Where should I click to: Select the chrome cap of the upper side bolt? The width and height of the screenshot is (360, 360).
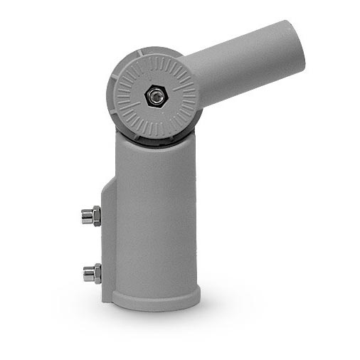pos(85,215)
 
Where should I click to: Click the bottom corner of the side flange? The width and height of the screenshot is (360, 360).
pos(107,297)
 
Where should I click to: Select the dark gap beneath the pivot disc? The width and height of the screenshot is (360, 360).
pos(153,142)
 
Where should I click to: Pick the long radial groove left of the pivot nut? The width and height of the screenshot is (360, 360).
pos(128,95)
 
